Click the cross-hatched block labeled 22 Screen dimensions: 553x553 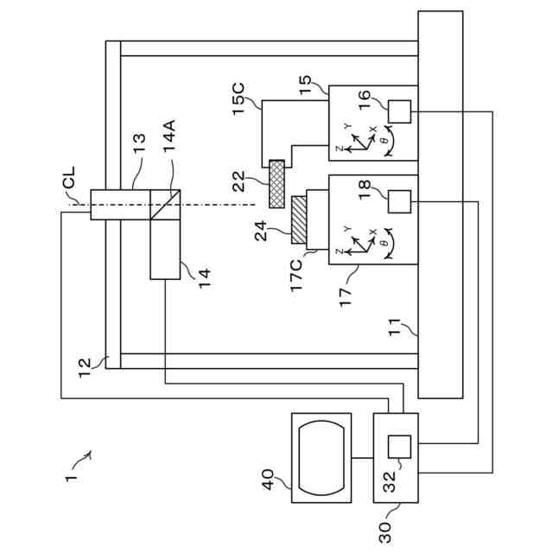click(276, 184)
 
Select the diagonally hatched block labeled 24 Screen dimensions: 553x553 click(299, 220)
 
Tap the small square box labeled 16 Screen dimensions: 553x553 click(399, 111)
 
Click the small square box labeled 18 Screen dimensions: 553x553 click(399, 201)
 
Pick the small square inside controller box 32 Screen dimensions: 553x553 click(399, 447)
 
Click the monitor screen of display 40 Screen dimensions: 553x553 click(321, 458)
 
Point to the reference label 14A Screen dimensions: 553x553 click(169, 136)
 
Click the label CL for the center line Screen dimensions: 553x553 click(68, 177)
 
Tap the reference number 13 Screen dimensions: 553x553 click(139, 143)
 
